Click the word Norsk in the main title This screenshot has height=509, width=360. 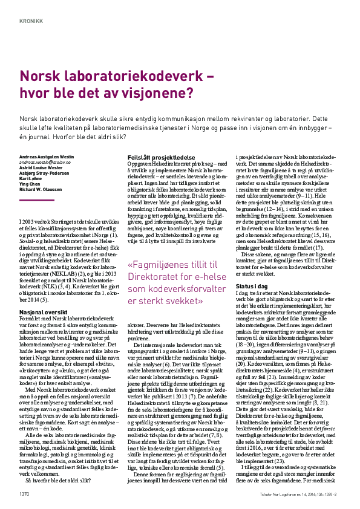(x=41, y=76)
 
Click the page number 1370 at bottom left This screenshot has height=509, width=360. (x=25, y=494)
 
